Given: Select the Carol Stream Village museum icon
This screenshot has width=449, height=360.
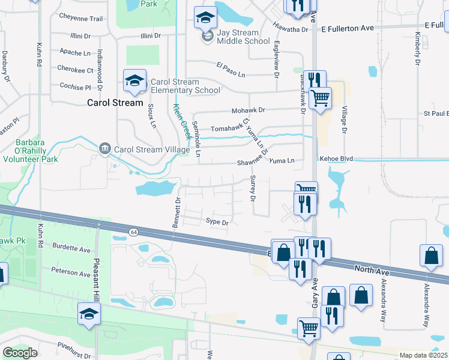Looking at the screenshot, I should pyautogui.click(x=105, y=149).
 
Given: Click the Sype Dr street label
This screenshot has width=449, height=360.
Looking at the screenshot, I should pyautogui.click(x=217, y=223).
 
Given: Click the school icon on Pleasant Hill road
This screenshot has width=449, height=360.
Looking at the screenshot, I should pyautogui.click(x=89, y=314).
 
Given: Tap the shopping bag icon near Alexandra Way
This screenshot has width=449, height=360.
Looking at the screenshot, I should pyautogui.click(x=431, y=256).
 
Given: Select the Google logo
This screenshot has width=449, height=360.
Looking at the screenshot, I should pyautogui.click(x=20, y=353).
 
